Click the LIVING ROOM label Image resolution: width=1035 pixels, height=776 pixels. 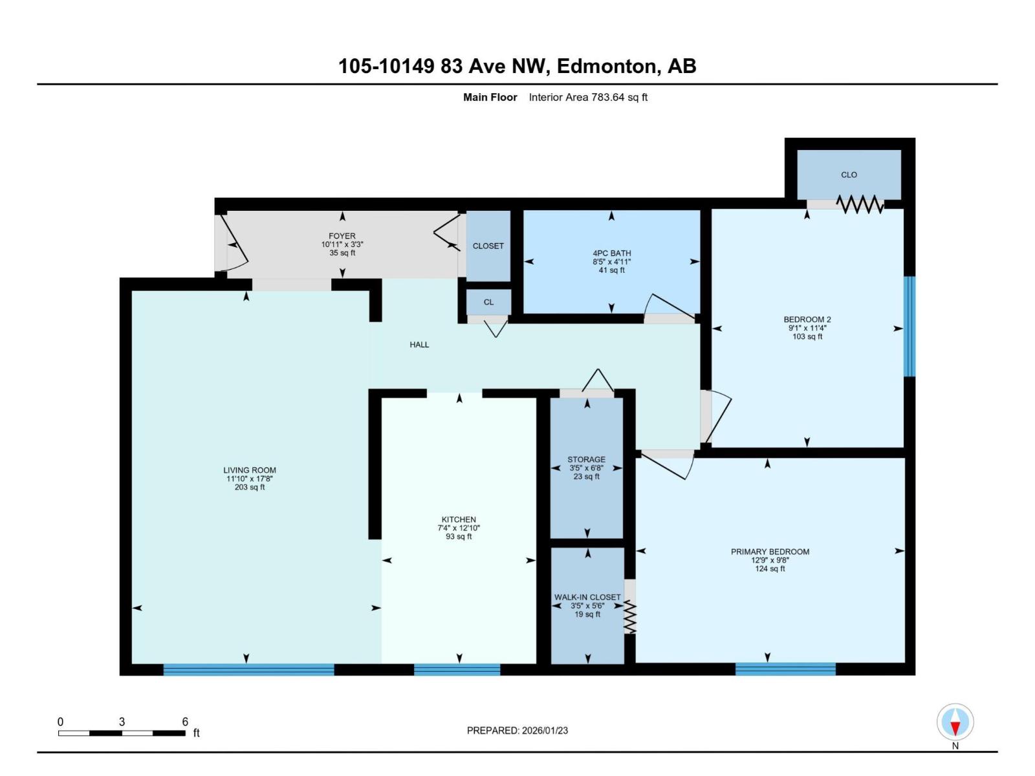click(x=250, y=470)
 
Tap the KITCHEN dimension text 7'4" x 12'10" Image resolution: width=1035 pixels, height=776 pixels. click(x=459, y=528)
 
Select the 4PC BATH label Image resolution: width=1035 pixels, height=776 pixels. click(x=611, y=253)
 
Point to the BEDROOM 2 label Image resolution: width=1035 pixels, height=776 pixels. click(x=807, y=319)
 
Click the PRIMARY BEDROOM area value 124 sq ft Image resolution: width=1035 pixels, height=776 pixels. click(x=770, y=569)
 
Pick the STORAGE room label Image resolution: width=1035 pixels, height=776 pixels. click(x=586, y=460)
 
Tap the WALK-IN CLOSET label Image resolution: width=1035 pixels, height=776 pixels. click(x=587, y=598)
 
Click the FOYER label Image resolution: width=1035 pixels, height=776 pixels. click(x=342, y=236)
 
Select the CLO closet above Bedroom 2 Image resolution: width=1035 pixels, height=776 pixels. click(x=849, y=175)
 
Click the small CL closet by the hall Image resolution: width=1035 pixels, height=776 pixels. click(x=488, y=302)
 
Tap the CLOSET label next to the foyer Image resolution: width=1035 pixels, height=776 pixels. click(x=488, y=246)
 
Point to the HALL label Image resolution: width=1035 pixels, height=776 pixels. click(x=419, y=345)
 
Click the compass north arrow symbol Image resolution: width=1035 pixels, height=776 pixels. click(x=955, y=722)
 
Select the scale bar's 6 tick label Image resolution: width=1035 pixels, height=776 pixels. click(x=185, y=722)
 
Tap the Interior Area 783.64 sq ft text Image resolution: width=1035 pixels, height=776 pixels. click(x=588, y=98)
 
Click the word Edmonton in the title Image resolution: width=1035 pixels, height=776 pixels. click(x=605, y=66)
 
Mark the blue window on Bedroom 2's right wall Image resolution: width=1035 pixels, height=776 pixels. click(x=909, y=327)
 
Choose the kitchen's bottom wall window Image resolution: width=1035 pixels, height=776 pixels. click(x=457, y=670)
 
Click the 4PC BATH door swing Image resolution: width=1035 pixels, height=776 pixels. click(x=669, y=308)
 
